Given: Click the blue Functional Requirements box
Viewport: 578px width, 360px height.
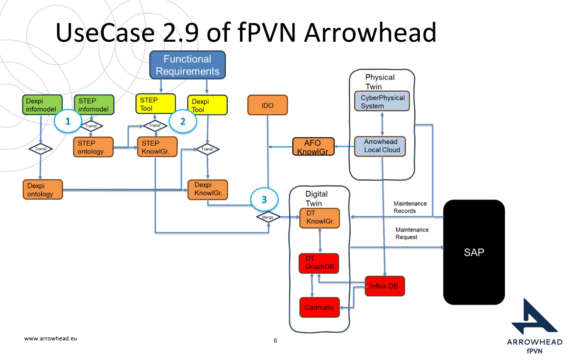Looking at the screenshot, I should (x=187, y=65).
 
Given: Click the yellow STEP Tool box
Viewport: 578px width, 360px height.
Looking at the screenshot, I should (x=155, y=103).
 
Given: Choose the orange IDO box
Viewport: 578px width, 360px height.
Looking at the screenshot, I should (x=267, y=105).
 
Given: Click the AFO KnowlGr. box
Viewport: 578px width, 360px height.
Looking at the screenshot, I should (x=313, y=146).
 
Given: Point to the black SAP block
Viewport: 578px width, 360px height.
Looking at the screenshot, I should (x=474, y=252).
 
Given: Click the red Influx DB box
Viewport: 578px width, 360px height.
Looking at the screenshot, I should (x=385, y=286).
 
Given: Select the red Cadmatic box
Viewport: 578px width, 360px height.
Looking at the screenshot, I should (x=319, y=308).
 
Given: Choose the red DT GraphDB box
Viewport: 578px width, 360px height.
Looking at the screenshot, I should (x=319, y=263).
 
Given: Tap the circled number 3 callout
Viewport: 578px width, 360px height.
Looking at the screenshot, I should (x=264, y=200).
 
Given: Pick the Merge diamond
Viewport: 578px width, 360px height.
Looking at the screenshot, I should (x=268, y=216).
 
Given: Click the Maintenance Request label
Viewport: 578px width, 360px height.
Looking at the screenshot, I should (x=412, y=233).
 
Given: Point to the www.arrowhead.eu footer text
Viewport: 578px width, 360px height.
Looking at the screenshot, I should (x=51, y=338).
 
